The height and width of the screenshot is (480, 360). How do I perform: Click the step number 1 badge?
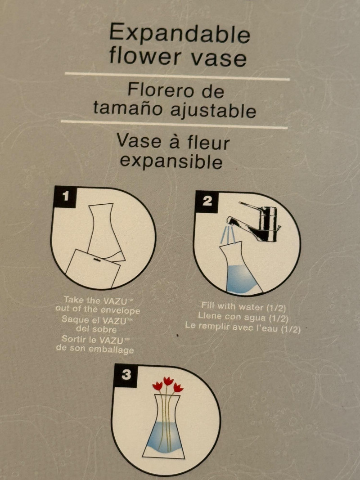coord(65,197)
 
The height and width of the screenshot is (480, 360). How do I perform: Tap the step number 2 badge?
coord(207,201)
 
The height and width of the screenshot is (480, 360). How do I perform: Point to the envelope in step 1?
coord(93,269)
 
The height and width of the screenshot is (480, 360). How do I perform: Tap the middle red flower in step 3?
coord(168,381)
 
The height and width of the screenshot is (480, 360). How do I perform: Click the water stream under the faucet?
coord(228,235)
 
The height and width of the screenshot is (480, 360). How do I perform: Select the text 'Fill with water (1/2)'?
coord(243,306)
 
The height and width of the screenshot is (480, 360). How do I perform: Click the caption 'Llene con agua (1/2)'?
coord(243,317)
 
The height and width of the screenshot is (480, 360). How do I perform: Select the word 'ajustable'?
coord(213,110)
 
